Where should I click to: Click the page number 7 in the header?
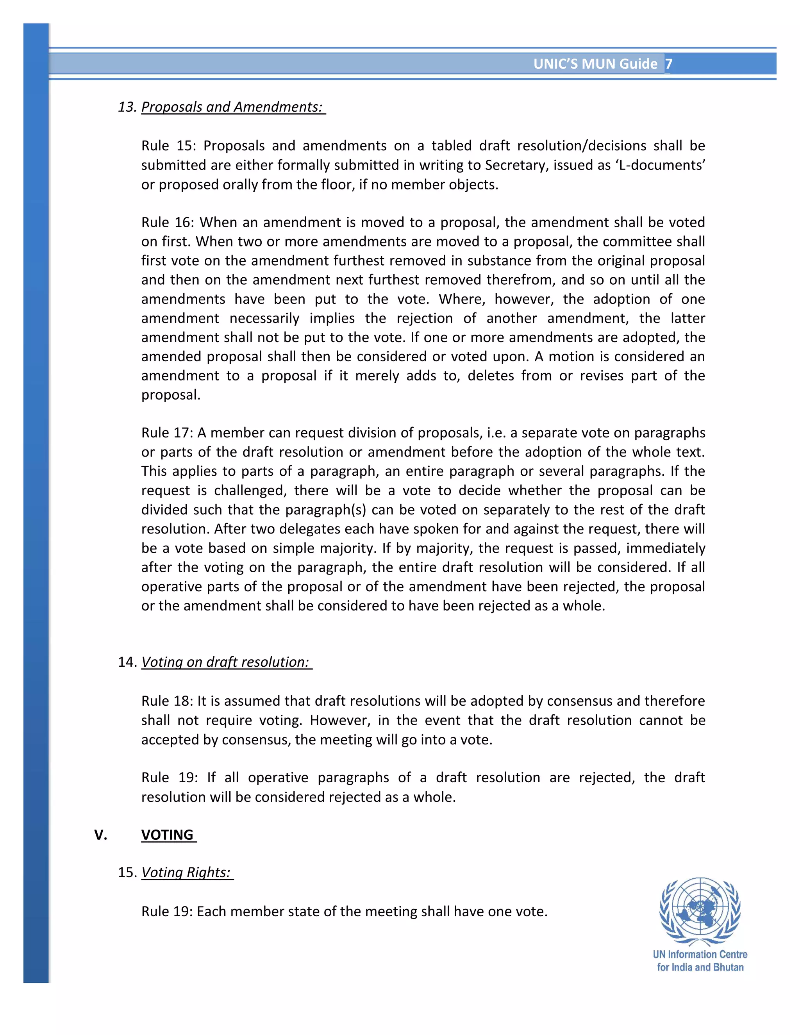pos(668,64)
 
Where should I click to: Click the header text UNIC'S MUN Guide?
pos(595,64)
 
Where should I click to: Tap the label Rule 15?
pos(167,146)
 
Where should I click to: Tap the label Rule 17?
pos(167,433)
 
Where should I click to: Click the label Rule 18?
pos(167,701)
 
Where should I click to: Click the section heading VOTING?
pos(167,835)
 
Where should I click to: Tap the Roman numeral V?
pos(100,835)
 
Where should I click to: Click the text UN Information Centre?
pos(700,955)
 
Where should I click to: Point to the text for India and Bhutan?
pos(700,967)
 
